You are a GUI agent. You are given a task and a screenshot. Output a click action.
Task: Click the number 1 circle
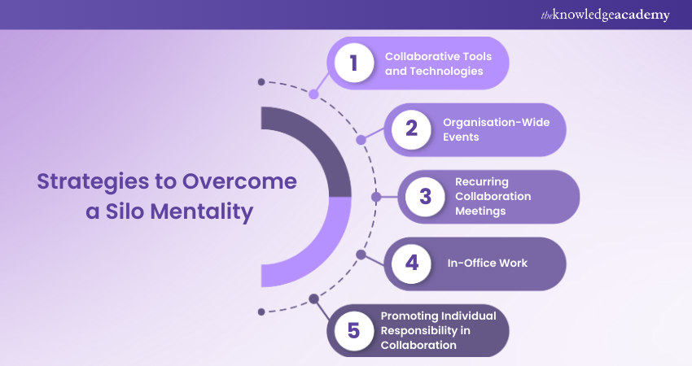tap(354, 63)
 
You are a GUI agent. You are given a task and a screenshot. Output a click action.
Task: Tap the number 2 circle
tap(411, 129)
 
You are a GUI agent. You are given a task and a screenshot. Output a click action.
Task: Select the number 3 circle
tap(425, 197)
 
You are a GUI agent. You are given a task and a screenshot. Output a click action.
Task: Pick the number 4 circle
tap(411, 264)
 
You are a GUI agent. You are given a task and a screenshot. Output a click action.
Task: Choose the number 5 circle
tap(354, 330)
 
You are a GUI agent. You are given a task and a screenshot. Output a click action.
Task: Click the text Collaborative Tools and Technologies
tap(438, 63)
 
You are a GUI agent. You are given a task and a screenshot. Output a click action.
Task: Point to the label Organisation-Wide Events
tap(497, 129)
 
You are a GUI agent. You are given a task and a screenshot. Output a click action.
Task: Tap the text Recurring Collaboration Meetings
tap(493, 196)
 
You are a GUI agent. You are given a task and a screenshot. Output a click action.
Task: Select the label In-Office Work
tap(487, 264)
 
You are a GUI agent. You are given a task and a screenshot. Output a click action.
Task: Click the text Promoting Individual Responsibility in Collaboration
tap(438, 330)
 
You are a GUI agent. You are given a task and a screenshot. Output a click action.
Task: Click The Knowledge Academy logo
tap(605, 15)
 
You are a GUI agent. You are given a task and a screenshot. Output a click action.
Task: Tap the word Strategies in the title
tap(93, 182)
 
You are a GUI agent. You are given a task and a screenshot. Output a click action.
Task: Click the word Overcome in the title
tap(239, 181)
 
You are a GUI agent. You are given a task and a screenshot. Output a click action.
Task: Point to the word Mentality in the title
tap(202, 212)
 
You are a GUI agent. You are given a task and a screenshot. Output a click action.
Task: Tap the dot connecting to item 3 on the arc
tap(376, 197)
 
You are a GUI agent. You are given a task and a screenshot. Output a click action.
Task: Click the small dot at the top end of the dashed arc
tap(261, 82)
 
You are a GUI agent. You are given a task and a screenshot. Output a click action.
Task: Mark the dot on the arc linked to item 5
tap(313, 299)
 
